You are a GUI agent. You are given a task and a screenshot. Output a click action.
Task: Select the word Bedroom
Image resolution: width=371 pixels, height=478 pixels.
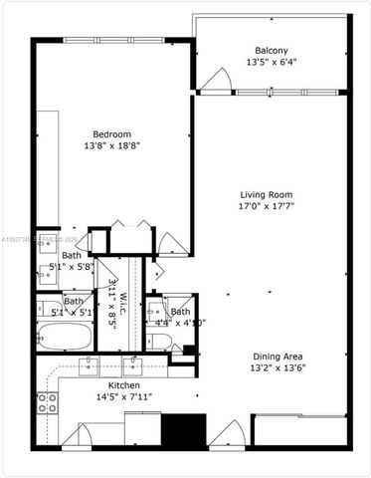[x=111, y=134]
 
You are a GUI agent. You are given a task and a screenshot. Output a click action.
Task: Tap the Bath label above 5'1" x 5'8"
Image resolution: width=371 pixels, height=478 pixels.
[x=72, y=255]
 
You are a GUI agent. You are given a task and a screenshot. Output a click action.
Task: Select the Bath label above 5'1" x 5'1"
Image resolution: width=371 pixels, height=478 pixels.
[x=74, y=301]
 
